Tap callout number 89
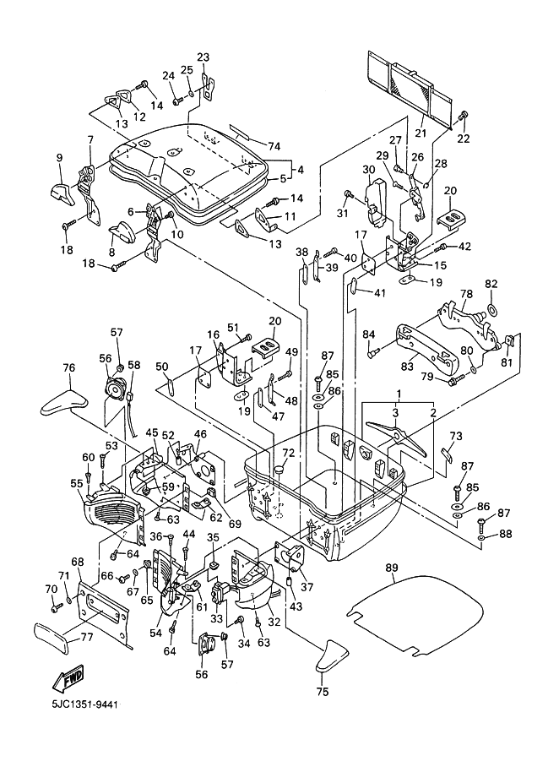point(390,568)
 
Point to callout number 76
point(69,367)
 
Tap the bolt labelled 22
point(463,115)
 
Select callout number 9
point(60,157)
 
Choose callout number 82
point(491,285)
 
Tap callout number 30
point(368,170)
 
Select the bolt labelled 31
point(347,195)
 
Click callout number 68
point(77,562)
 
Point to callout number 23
point(204,57)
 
